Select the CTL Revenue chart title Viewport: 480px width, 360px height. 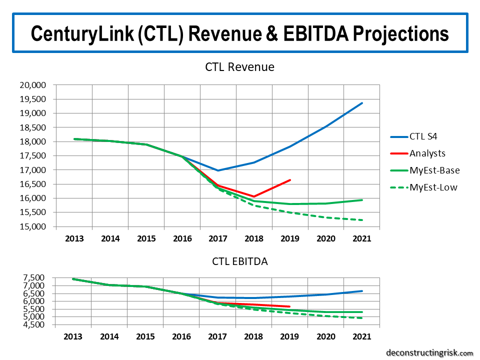coord(240,67)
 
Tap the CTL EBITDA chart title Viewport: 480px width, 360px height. coord(240,261)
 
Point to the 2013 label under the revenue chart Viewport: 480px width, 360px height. coord(74,238)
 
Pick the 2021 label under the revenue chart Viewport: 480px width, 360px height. coord(362,238)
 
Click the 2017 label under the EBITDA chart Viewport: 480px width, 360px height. coord(218,336)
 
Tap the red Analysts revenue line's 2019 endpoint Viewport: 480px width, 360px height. coord(290,180)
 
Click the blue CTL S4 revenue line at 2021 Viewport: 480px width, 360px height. coord(362,103)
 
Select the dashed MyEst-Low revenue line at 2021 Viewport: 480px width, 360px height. coord(362,220)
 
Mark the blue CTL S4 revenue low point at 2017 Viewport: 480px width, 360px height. coord(218,170)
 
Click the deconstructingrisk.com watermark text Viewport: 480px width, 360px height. coord(429,352)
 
